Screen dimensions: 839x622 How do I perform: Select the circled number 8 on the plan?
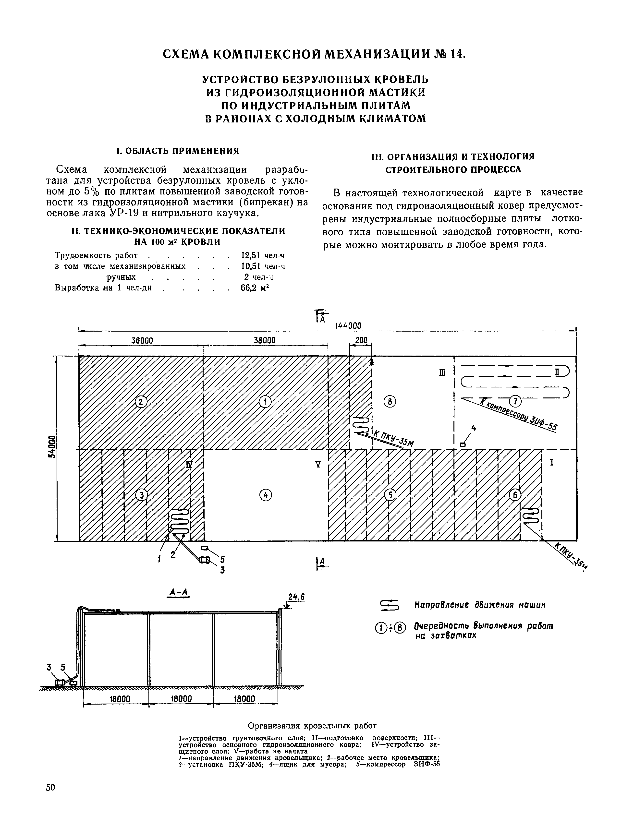pyautogui.click(x=390, y=402)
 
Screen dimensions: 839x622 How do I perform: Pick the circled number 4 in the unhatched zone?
pyautogui.click(x=266, y=495)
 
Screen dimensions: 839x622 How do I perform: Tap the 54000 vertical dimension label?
pyautogui.click(x=53, y=447)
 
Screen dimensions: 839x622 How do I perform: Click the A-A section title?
pyautogui.click(x=179, y=592)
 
